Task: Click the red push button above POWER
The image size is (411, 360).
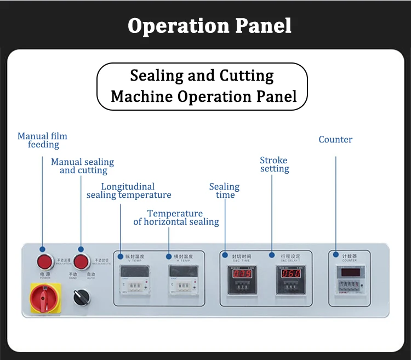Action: tap(44, 261)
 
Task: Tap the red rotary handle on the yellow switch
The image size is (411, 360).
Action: tap(44, 298)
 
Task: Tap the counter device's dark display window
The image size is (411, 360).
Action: tap(349, 272)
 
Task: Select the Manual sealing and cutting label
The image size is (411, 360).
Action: tap(83, 166)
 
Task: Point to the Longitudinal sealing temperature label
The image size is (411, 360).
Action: tap(129, 191)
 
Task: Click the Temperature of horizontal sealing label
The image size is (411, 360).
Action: tap(176, 218)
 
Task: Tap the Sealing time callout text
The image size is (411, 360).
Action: tap(225, 191)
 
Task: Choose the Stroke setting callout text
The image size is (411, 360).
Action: tap(274, 164)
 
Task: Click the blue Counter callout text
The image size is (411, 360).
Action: tap(335, 140)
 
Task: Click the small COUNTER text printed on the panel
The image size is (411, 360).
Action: tap(350, 260)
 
